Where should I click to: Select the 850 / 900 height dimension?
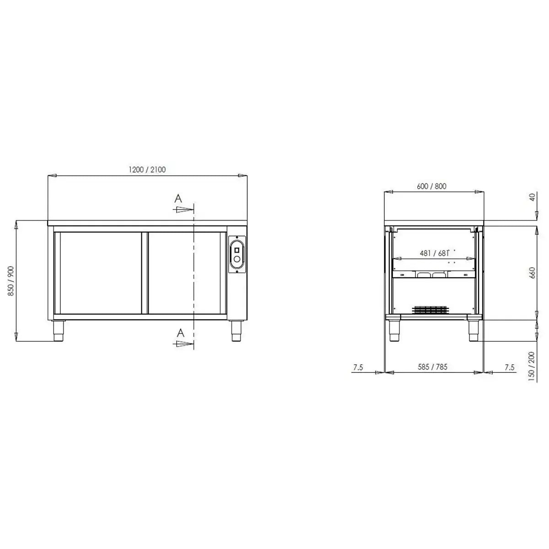(x=11, y=281)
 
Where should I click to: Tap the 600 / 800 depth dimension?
(x=431, y=186)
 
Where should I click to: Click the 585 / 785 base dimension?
(x=432, y=367)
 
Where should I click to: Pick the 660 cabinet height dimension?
(x=532, y=273)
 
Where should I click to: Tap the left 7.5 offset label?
(x=358, y=367)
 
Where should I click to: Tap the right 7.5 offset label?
(x=509, y=367)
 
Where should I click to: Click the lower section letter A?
(x=181, y=333)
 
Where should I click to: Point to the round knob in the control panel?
(x=237, y=260)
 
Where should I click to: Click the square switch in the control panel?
(x=237, y=250)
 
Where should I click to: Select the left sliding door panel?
(x=97, y=273)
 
